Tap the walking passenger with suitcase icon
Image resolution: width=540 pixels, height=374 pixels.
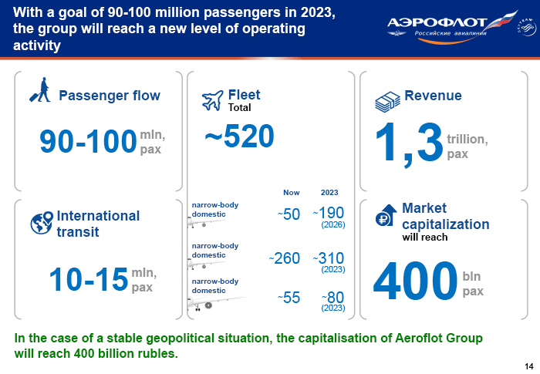[41, 90]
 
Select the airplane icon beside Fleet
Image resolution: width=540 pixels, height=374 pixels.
[212, 100]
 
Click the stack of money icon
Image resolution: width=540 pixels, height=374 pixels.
[387, 102]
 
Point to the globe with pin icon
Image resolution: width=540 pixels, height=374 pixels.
[42, 223]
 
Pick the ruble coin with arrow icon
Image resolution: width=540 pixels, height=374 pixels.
[386, 215]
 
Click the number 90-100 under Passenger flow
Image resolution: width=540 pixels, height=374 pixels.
[88, 141]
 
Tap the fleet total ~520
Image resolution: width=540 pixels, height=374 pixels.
[239, 136]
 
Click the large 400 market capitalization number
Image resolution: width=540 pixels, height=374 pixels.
[415, 281]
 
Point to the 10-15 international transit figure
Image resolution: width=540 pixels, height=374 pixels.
[89, 279]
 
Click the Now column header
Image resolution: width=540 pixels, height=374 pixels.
[292, 193]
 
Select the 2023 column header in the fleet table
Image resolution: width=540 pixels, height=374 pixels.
[329, 193]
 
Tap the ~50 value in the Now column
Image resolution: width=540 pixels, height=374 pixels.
[289, 214]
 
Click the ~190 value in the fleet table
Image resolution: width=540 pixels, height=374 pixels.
[329, 213]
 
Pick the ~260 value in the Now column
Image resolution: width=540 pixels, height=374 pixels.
[285, 258]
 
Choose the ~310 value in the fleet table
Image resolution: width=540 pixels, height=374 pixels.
[329, 258]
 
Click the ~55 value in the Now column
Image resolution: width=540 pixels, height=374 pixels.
[289, 298]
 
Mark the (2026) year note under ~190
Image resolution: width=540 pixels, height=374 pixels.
[333, 225]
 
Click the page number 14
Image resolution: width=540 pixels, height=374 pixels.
[529, 366]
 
